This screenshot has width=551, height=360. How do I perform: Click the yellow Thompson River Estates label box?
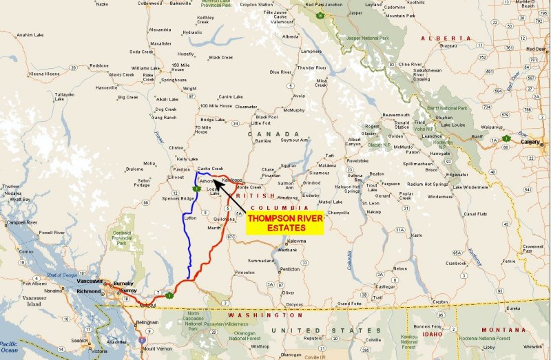coord(284,223)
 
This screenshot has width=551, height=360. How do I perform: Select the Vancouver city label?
coord(90,282)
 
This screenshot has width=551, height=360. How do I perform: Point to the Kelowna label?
coord(296,242)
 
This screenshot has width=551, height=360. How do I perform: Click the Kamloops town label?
coord(233,180)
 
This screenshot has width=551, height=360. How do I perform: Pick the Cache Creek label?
coord(210,169)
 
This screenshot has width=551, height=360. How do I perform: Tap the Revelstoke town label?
coord(357,160)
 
